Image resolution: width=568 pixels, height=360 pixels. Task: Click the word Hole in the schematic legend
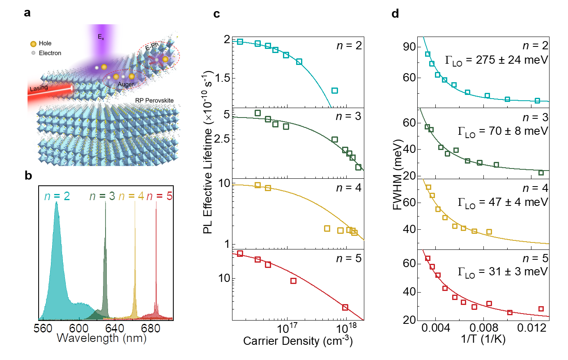[45, 43]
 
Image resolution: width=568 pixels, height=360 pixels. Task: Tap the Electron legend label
[50, 53]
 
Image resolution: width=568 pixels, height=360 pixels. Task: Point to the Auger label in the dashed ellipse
[126, 84]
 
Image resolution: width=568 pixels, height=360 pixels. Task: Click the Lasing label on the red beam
[39, 88]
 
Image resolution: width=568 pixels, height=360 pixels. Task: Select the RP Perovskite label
[154, 100]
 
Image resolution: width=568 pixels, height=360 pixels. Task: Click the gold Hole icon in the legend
[33, 44]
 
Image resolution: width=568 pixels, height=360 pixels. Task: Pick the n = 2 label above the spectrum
[57, 196]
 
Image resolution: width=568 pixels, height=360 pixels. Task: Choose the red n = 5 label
[159, 196]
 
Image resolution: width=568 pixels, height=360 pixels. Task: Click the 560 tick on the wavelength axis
[43, 328]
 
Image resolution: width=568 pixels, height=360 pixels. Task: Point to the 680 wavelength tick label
[150, 328]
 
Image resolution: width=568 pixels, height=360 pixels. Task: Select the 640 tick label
[114, 328]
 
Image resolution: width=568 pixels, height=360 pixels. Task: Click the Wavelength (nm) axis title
[101, 338]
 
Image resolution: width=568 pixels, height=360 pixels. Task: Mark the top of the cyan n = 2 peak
[56, 203]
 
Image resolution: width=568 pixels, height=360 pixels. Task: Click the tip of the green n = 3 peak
[106, 202]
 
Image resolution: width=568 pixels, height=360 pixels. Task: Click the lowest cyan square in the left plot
[335, 90]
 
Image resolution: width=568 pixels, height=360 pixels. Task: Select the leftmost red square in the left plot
[240, 254]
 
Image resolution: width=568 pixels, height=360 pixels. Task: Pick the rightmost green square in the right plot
[541, 173]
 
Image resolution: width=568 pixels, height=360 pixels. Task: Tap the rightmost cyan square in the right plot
[537, 100]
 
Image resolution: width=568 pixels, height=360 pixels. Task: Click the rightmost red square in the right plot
[541, 309]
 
